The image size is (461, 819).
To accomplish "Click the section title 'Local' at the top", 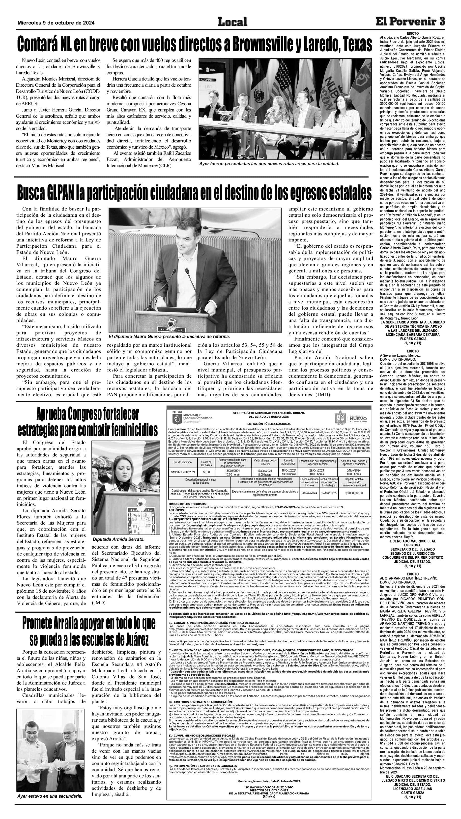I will [x=232, y=22].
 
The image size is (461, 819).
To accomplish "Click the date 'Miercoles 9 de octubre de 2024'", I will [x=56, y=23].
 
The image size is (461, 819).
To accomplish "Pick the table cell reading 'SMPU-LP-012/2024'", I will [x=182, y=472].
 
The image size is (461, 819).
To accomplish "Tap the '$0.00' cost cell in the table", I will [x=206, y=472].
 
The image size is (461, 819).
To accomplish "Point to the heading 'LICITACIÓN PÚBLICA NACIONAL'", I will [x=269, y=423].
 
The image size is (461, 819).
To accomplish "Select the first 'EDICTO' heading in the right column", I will [x=413, y=33].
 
